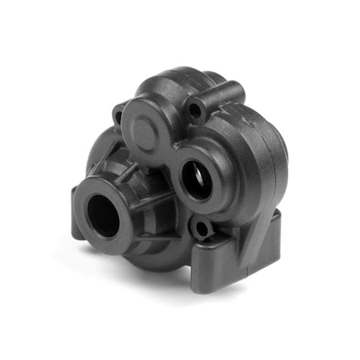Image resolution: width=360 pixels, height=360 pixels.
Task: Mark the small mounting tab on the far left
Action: [x=78, y=226]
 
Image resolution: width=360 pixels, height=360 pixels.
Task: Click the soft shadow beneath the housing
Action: [x=160, y=276]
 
